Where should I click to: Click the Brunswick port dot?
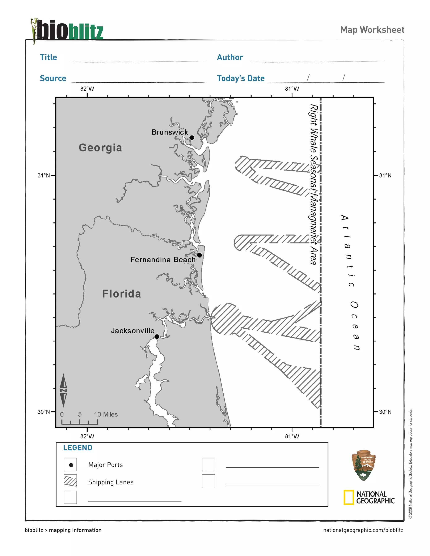[192, 137]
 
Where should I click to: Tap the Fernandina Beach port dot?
[199, 255]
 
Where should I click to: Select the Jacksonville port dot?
[157, 337]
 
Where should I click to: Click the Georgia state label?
[100, 148]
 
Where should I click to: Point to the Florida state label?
[122, 294]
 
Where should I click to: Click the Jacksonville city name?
[132, 330]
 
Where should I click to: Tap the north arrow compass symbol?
[63, 390]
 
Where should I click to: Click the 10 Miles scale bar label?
[106, 414]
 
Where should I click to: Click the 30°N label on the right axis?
[385, 412]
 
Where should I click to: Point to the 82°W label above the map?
[87, 89]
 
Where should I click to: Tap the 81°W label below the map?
[292, 436]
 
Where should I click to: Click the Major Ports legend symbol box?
[70, 465]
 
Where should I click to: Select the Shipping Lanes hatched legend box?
[70, 481]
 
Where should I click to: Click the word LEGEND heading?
[78, 448]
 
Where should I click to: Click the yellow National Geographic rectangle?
[349, 497]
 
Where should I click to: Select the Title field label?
[49, 57]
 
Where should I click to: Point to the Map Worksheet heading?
[372, 30]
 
